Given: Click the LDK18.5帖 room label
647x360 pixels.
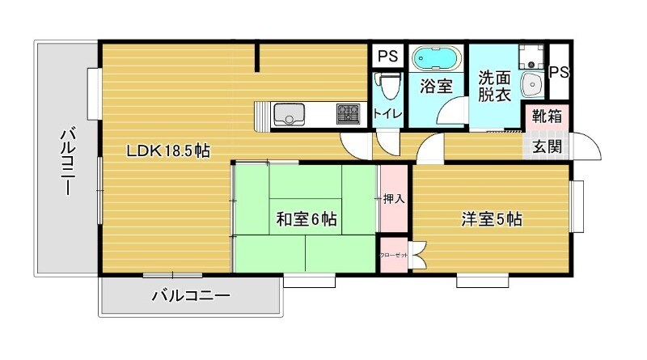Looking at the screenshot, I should coord(167,150).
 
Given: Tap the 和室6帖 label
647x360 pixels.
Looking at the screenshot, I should coord(307,218).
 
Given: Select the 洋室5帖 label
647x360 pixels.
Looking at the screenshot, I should coord(491,218).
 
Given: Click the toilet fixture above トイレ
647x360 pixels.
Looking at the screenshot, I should coord(388,85).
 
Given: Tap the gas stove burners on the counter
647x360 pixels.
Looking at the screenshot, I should coord(349,114).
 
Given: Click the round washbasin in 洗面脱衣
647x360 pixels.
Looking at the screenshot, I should coord(532,83).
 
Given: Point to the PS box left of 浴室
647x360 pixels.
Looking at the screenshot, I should coord(387,57).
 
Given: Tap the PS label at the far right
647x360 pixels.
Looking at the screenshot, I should coord(559,72).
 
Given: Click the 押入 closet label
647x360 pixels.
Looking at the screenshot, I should coord(394,198).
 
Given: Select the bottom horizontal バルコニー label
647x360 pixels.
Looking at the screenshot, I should coord(191,297).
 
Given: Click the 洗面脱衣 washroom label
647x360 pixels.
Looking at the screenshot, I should coord(494,87).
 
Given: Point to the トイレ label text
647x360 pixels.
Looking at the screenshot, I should coord(388,114).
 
